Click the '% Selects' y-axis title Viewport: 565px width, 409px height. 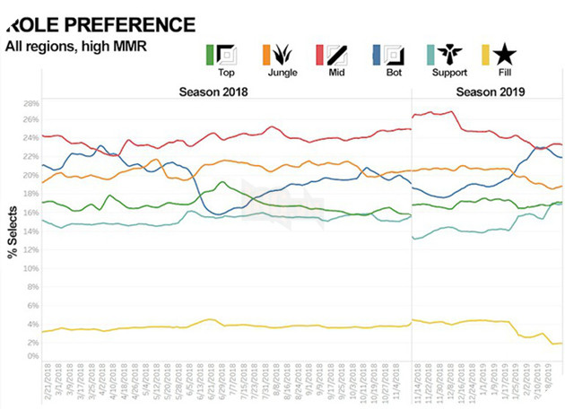13,228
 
